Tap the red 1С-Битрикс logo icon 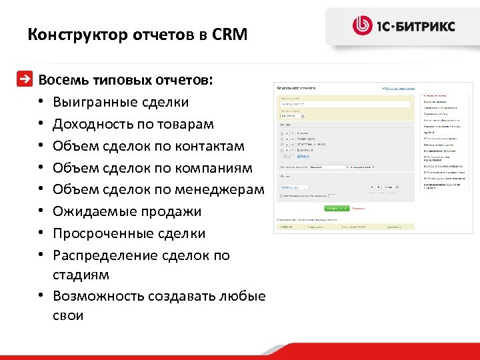click(362, 26)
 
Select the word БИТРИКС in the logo click(429, 27)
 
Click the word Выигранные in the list click(95, 103)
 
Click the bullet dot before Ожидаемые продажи click(41, 212)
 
